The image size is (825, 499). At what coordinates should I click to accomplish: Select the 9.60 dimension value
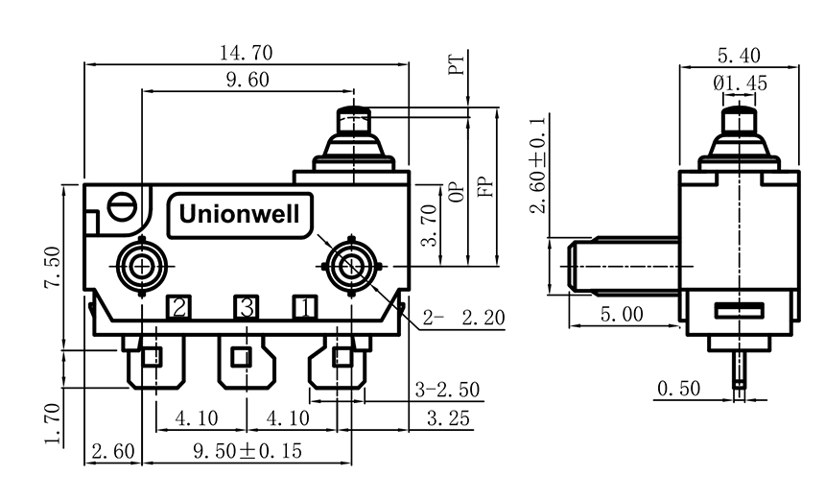point(247,81)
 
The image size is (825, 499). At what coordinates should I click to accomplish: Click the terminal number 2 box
point(179,307)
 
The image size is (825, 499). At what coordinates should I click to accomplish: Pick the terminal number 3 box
point(247,307)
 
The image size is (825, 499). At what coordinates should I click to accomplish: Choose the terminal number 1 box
point(304,307)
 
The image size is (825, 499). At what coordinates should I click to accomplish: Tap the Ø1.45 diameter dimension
point(740,83)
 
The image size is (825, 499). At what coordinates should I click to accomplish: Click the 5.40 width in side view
point(739,55)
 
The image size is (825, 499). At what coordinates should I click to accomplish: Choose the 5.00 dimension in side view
point(623,314)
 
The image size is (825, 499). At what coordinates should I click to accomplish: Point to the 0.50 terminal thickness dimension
point(679,389)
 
